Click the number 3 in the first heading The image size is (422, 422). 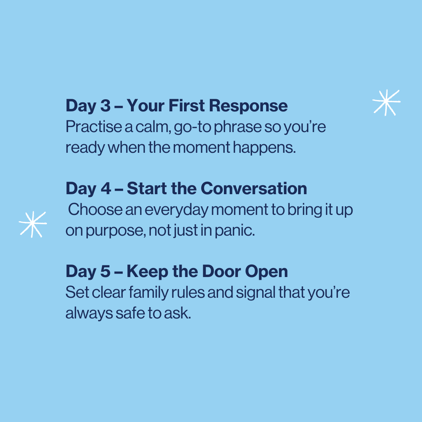(x=105, y=105)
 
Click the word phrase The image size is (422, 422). (x=238, y=127)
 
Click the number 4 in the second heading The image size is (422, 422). (x=106, y=188)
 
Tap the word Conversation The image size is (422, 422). (x=254, y=188)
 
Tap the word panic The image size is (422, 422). (x=234, y=231)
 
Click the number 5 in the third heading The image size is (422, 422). (x=105, y=271)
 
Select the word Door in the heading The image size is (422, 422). (x=222, y=271)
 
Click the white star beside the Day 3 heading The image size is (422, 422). (x=386, y=102)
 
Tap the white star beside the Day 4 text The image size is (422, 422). (x=33, y=224)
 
